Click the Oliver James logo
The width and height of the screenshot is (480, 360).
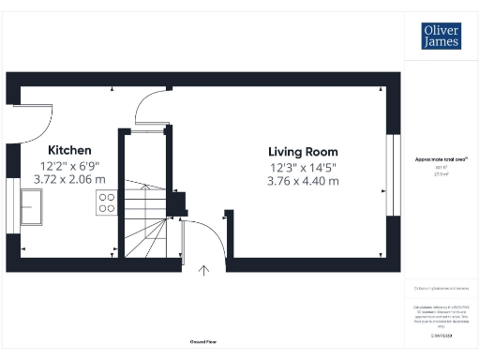(x=442, y=36)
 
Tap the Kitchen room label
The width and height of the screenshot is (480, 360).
(x=70, y=150)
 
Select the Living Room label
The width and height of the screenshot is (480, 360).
(x=303, y=152)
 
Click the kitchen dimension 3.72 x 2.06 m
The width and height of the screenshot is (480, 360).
(x=70, y=178)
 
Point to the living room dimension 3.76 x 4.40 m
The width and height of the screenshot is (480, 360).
(x=303, y=181)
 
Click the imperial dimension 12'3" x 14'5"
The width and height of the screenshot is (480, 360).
(x=303, y=167)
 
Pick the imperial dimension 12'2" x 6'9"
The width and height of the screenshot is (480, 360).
(x=70, y=165)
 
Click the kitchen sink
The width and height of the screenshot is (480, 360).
(x=31, y=205)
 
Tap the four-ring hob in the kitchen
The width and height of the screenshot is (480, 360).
(x=106, y=204)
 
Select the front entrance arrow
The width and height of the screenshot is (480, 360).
(x=204, y=272)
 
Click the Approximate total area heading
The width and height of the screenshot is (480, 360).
(x=441, y=159)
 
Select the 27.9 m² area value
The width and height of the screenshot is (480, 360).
(x=441, y=173)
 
